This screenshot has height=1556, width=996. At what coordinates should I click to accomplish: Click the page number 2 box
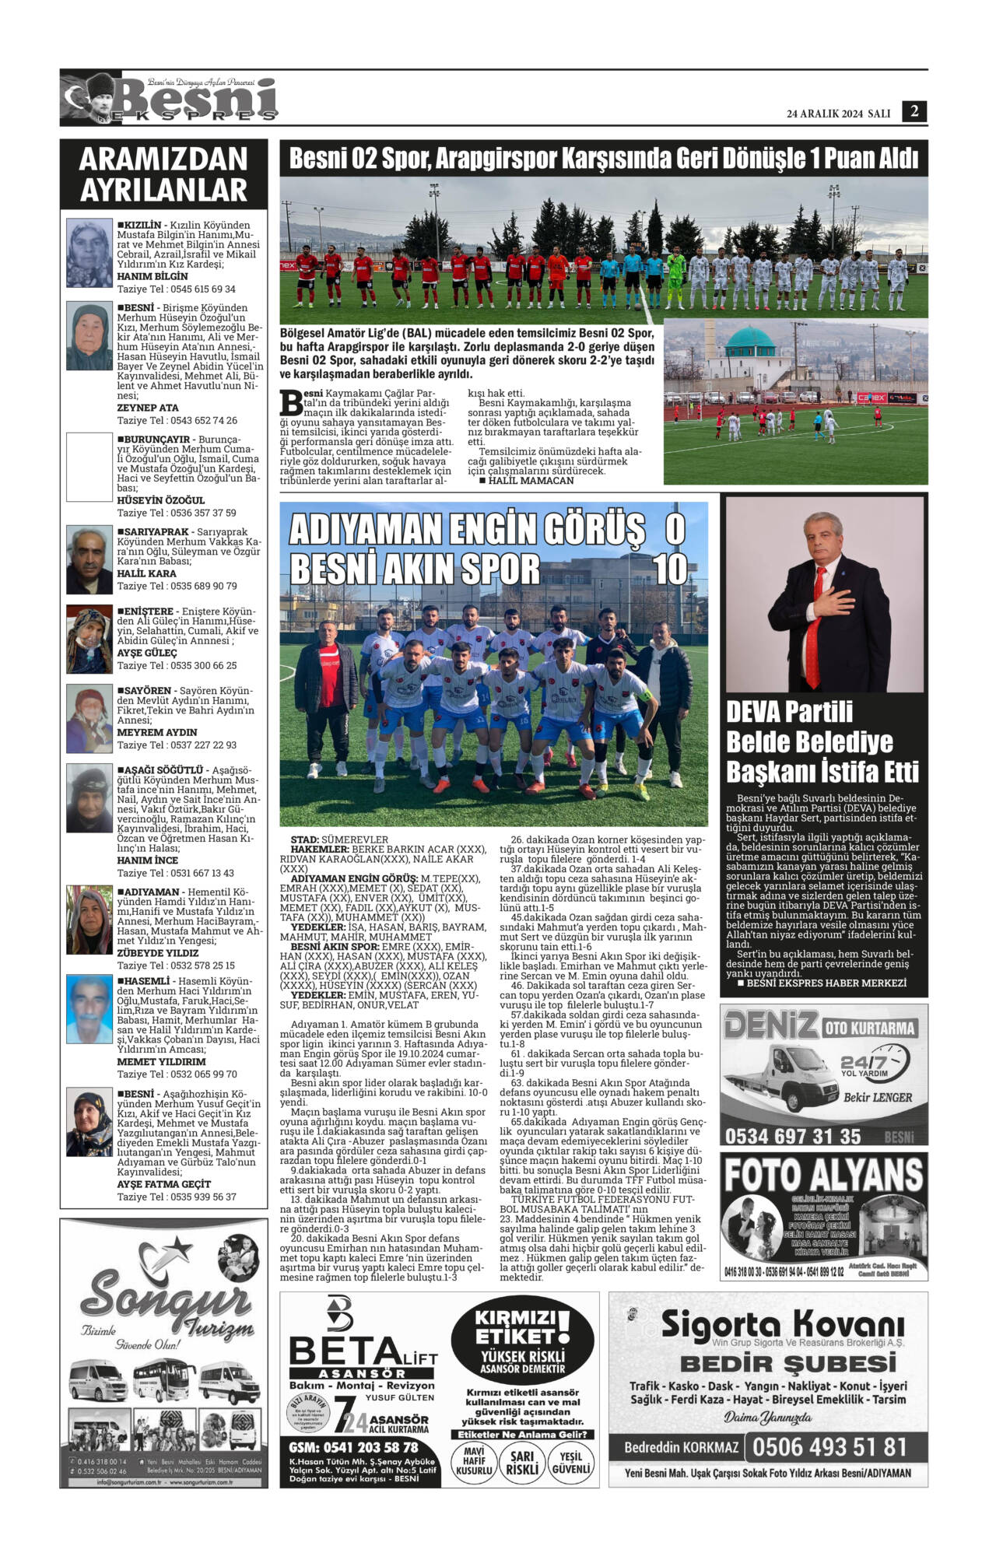914,111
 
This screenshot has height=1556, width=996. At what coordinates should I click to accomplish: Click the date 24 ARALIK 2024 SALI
838,114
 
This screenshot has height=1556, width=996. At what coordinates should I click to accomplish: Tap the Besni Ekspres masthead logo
170,99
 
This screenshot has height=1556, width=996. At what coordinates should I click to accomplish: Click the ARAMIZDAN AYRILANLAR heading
163,174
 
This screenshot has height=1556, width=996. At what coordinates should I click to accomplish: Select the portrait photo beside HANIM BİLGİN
89,253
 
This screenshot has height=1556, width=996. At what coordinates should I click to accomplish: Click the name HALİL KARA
146,573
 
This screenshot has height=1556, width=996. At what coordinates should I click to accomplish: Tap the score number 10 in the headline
670,569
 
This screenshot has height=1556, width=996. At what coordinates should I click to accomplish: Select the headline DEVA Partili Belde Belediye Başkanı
822,741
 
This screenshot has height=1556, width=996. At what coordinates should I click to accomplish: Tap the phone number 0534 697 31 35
792,1136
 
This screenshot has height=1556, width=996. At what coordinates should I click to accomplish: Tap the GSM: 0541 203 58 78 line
353,1448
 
